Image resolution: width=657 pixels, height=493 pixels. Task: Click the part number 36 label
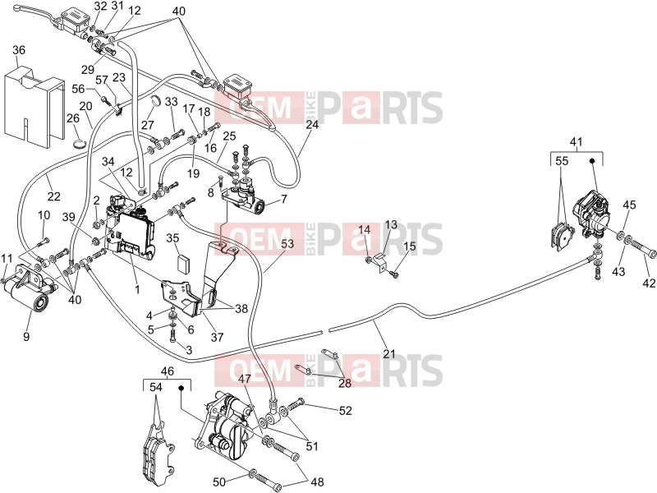point(19,50)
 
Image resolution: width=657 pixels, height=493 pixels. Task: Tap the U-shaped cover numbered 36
point(34,105)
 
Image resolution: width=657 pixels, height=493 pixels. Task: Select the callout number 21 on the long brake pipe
point(389,354)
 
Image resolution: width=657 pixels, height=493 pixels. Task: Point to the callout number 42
point(648,283)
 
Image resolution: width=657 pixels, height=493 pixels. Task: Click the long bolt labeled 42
point(641,248)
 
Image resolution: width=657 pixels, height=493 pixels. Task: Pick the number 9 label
point(26,336)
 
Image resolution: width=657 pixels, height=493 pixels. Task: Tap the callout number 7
point(284,198)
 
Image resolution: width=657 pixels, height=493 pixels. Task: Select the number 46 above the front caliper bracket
point(167,371)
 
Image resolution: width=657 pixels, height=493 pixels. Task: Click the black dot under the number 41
point(592,160)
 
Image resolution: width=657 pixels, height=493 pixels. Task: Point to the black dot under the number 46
point(181,388)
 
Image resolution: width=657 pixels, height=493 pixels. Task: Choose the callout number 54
point(156,388)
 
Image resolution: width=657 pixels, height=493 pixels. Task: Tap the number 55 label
point(563,161)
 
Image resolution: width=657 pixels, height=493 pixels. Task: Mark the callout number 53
point(287,243)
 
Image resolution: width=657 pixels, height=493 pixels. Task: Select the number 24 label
point(312,125)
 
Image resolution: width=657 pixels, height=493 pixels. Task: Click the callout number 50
point(219,482)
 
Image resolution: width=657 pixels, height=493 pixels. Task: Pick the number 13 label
point(391,224)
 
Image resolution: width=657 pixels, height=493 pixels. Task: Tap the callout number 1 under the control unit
point(137,289)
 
